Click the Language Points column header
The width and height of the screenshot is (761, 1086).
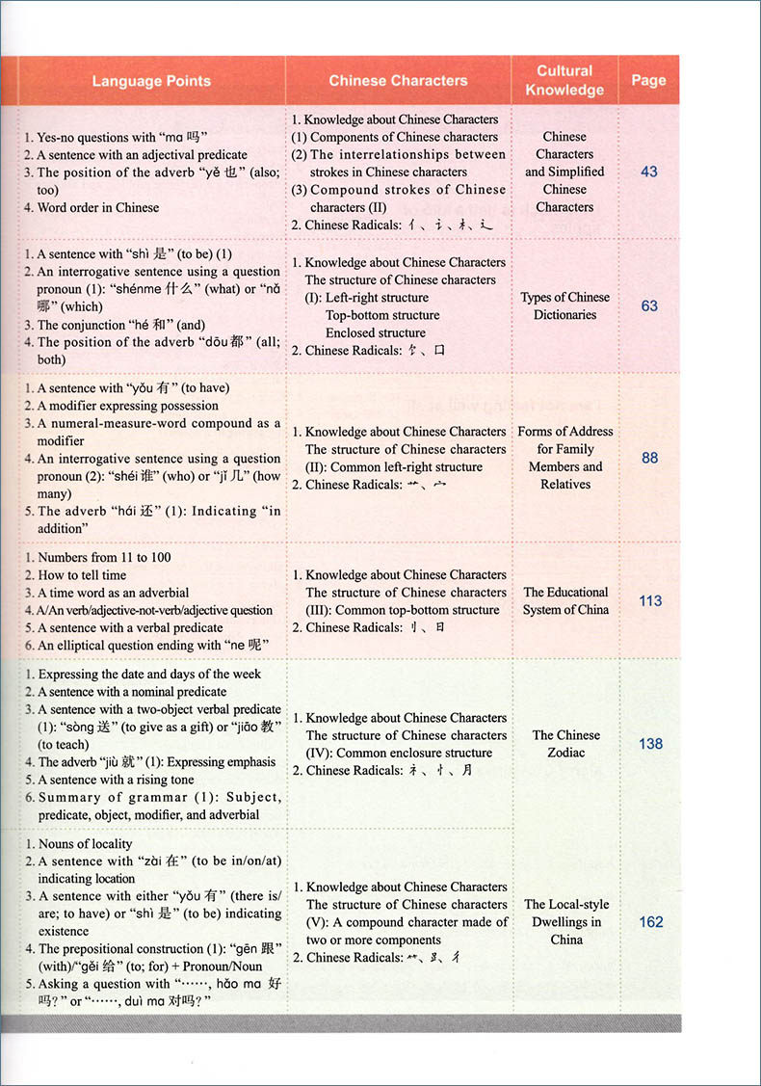pos(151,81)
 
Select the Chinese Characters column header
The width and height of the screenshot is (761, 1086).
pos(398,81)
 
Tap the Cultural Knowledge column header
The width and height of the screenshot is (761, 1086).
pos(564,81)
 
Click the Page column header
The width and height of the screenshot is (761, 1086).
pos(648,81)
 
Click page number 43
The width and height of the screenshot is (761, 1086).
pos(648,172)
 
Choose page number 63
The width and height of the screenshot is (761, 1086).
pos(649,305)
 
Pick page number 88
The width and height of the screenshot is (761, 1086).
pos(650,458)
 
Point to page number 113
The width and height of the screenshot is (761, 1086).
pos(650,600)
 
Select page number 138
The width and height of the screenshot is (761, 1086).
pos(650,744)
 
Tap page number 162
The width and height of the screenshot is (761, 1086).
pos(651,922)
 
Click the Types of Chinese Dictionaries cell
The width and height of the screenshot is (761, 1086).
pos(565,305)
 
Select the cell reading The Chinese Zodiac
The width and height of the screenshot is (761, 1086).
pos(565,743)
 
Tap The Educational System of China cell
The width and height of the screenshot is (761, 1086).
pos(565,600)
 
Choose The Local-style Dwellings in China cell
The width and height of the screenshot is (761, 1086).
pos(566,921)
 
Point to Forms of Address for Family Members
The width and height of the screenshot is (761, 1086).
pos(565,458)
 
